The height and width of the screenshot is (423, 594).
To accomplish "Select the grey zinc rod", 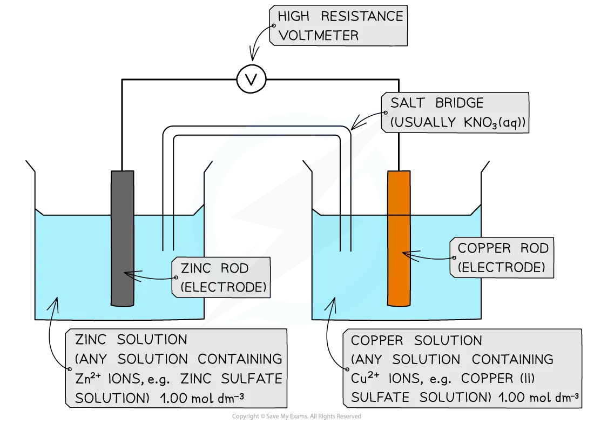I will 122,238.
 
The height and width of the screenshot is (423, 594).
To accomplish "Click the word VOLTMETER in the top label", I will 318,36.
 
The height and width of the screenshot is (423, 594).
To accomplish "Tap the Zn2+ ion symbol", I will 88,379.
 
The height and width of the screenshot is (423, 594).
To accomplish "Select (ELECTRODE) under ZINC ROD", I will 222,287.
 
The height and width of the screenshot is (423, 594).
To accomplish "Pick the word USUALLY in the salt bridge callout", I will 424,123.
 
